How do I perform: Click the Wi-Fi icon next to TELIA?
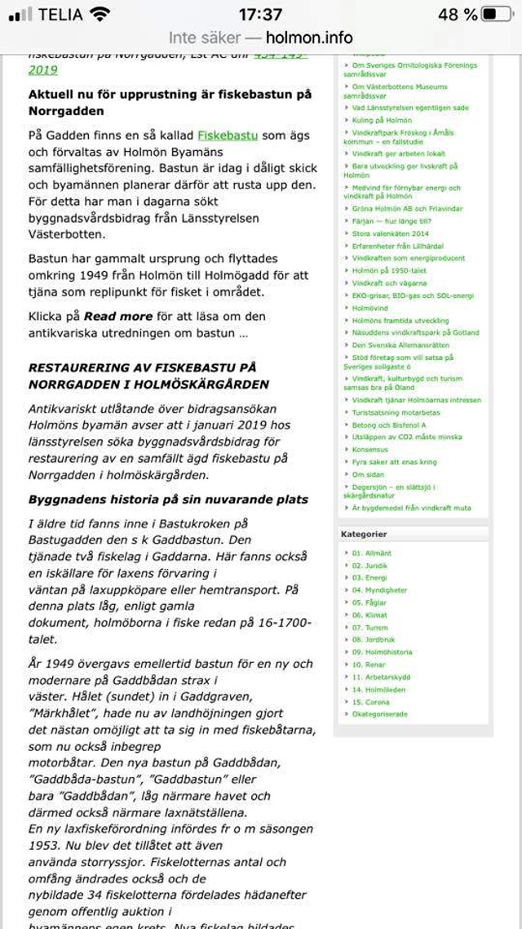100,15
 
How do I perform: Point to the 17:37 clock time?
260,15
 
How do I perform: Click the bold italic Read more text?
118,316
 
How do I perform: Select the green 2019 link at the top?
43,70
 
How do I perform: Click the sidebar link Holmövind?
371,308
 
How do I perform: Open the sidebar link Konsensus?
370,449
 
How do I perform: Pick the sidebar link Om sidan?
369,473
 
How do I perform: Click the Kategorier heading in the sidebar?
364,534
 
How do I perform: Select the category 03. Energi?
369,578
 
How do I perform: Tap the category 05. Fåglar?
369,602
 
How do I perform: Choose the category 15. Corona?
371,702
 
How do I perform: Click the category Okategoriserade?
379,714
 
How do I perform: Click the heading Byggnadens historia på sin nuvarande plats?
168,500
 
